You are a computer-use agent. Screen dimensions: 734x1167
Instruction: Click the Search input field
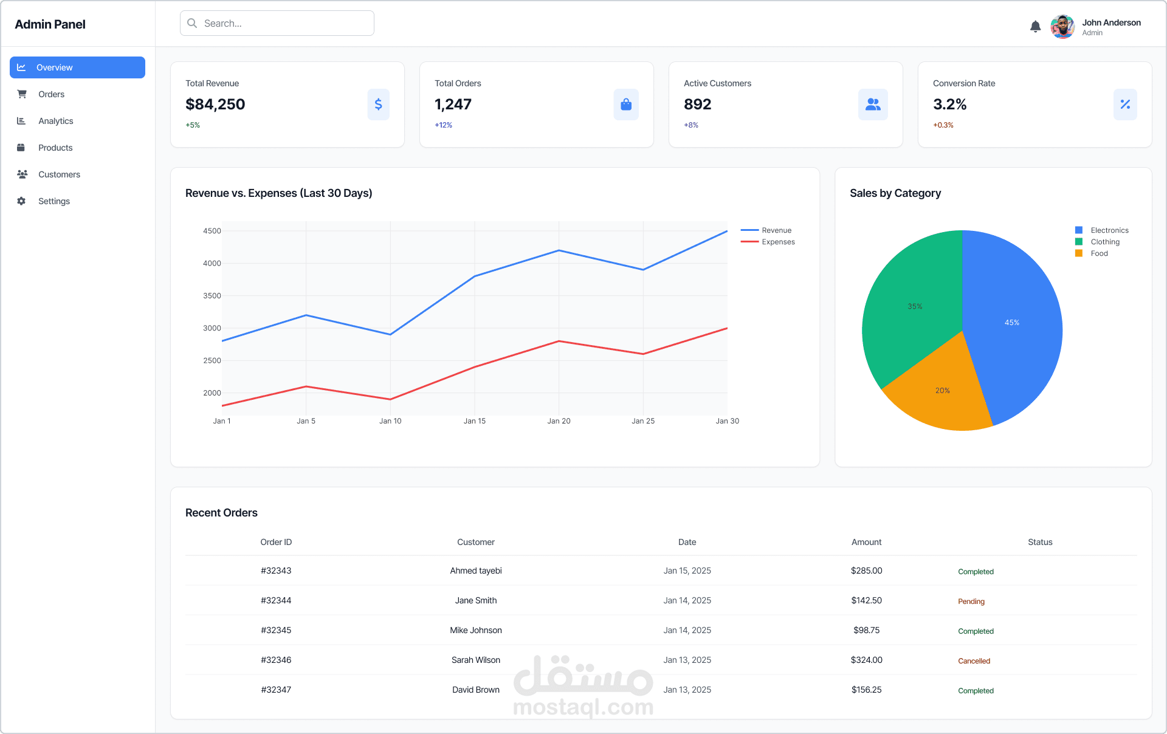pyautogui.click(x=277, y=23)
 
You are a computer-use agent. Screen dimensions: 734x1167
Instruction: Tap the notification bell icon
pyautogui.click(x=1035, y=27)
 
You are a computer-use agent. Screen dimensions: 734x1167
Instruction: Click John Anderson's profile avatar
pyautogui.click(x=1062, y=27)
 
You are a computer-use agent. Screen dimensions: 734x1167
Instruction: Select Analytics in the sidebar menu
pyautogui.click(x=55, y=121)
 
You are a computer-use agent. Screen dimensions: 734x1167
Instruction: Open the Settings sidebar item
pyautogui.click(x=53, y=201)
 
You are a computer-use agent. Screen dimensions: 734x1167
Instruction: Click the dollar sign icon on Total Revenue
pyautogui.click(x=378, y=105)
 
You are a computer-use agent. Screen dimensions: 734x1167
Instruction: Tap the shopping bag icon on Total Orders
pyautogui.click(x=626, y=105)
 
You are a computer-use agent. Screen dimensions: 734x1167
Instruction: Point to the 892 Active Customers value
pyautogui.click(x=697, y=105)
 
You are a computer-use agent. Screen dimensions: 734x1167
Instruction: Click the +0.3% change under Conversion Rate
pyautogui.click(x=943, y=125)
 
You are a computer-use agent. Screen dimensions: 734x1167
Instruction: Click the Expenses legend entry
pyautogui.click(x=777, y=242)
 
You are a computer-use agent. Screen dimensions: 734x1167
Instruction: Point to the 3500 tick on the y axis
pyautogui.click(x=212, y=296)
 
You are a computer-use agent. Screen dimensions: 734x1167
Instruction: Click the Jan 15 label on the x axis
pyautogui.click(x=474, y=421)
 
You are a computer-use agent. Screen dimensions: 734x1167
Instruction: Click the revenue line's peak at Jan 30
pyautogui.click(x=726, y=232)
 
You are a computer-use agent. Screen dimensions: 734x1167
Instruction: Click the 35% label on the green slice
pyautogui.click(x=915, y=307)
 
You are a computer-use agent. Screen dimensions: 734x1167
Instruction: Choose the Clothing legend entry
pyautogui.click(x=1104, y=242)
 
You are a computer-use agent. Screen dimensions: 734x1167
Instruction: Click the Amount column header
pyautogui.click(x=866, y=542)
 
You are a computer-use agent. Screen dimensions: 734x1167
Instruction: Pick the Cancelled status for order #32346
pyautogui.click(x=974, y=661)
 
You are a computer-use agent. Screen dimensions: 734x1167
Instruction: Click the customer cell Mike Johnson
pyautogui.click(x=475, y=630)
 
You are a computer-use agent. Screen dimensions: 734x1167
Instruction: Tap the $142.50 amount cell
pyautogui.click(x=866, y=600)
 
